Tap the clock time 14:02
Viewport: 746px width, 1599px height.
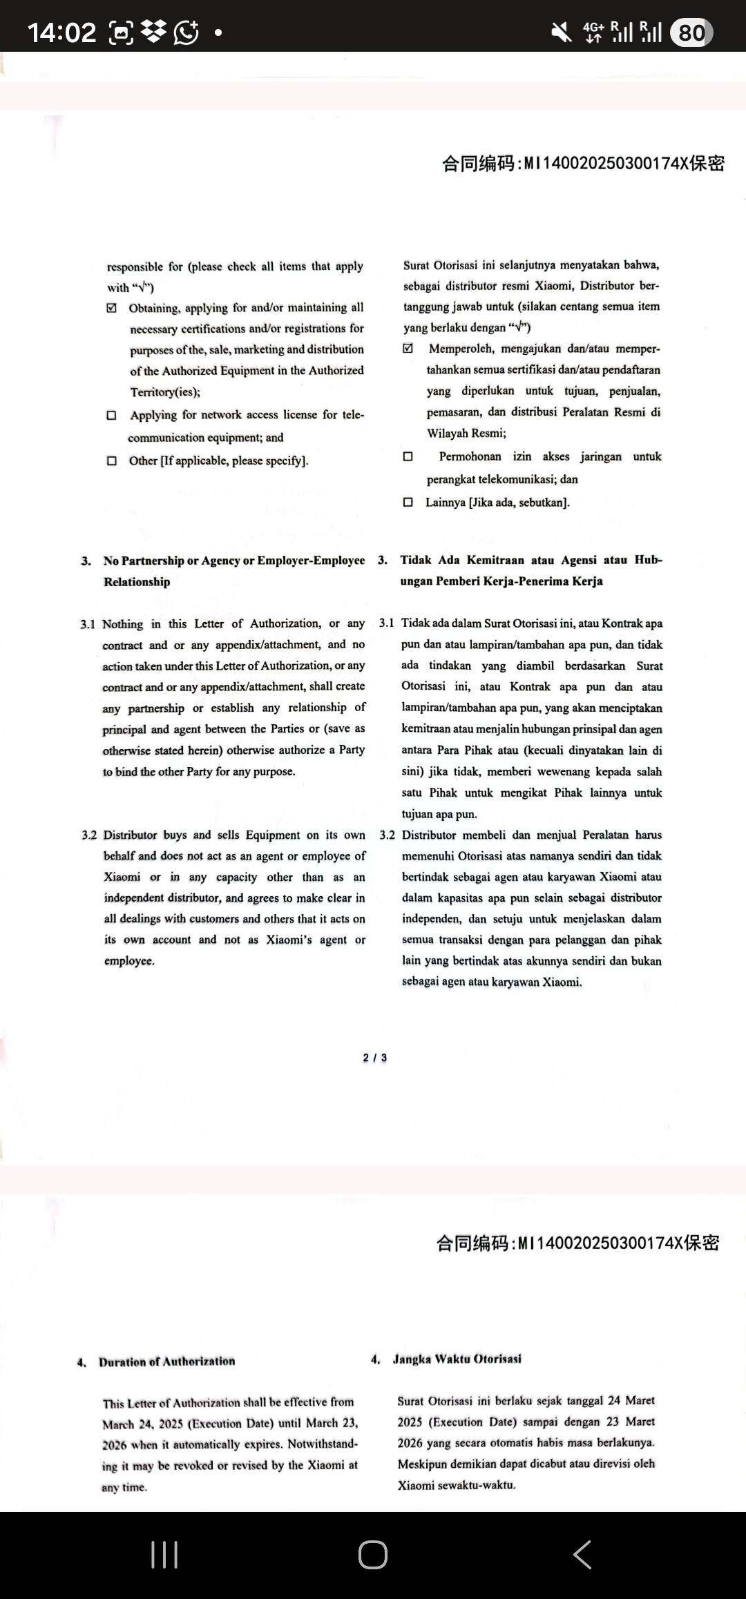pos(61,32)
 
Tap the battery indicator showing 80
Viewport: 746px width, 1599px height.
pos(691,32)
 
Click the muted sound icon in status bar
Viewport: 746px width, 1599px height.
pos(561,32)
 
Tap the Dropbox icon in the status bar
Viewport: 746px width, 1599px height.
pos(154,32)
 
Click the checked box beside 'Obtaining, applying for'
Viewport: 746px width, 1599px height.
pos(112,308)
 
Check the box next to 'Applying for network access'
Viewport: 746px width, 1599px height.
pos(112,415)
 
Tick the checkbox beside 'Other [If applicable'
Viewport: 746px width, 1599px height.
pos(112,461)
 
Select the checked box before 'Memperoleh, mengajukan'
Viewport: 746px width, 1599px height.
pos(408,349)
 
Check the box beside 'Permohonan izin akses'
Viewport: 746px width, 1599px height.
pos(408,456)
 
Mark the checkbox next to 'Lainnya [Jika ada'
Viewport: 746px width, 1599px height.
pos(408,502)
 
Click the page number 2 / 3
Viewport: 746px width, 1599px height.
pos(375,1058)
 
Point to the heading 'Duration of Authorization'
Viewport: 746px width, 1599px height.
pos(166,1361)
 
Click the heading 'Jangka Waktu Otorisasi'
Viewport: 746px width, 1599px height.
pos(457,1359)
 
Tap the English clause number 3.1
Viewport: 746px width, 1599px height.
pos(87,624)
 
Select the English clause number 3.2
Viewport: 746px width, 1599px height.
pos(89,835)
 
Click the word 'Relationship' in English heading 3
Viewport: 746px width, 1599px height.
pos(137,582)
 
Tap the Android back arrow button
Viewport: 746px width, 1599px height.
pos(582,1555)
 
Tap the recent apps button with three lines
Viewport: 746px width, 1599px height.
pos(164,1555)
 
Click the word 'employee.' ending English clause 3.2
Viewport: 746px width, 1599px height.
pos(129,961)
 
